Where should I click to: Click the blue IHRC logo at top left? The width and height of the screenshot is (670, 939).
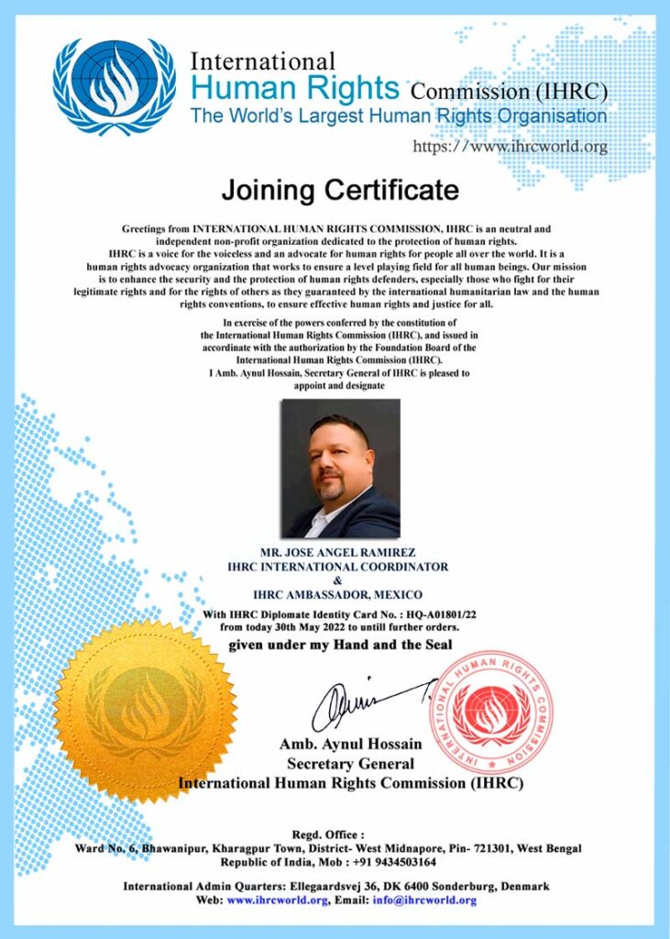(115, 87)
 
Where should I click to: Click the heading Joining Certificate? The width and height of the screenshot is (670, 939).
(339, 191)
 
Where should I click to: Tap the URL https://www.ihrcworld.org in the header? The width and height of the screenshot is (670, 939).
(511, 146)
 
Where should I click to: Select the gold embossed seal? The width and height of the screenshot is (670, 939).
(145, 711)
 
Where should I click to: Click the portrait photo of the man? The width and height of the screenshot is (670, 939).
(340, 468)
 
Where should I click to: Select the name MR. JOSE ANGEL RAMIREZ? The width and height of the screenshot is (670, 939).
(339, 553)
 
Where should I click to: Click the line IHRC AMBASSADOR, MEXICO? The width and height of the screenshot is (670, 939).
(338, 594)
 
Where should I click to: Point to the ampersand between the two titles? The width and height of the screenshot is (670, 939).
(337, 580)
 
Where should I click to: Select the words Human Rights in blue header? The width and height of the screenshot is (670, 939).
(295, 89)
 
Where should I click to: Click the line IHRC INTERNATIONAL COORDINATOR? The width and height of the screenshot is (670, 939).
(338, 567)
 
